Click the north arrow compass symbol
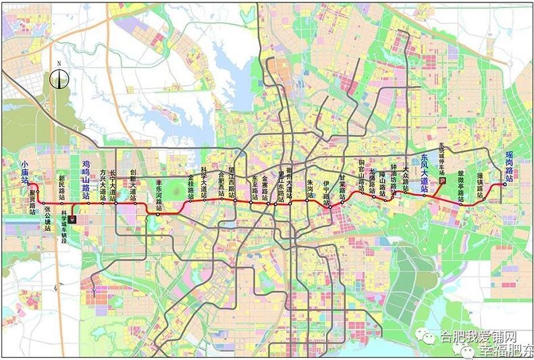[59, 79]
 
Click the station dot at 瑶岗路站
[504, 184]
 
